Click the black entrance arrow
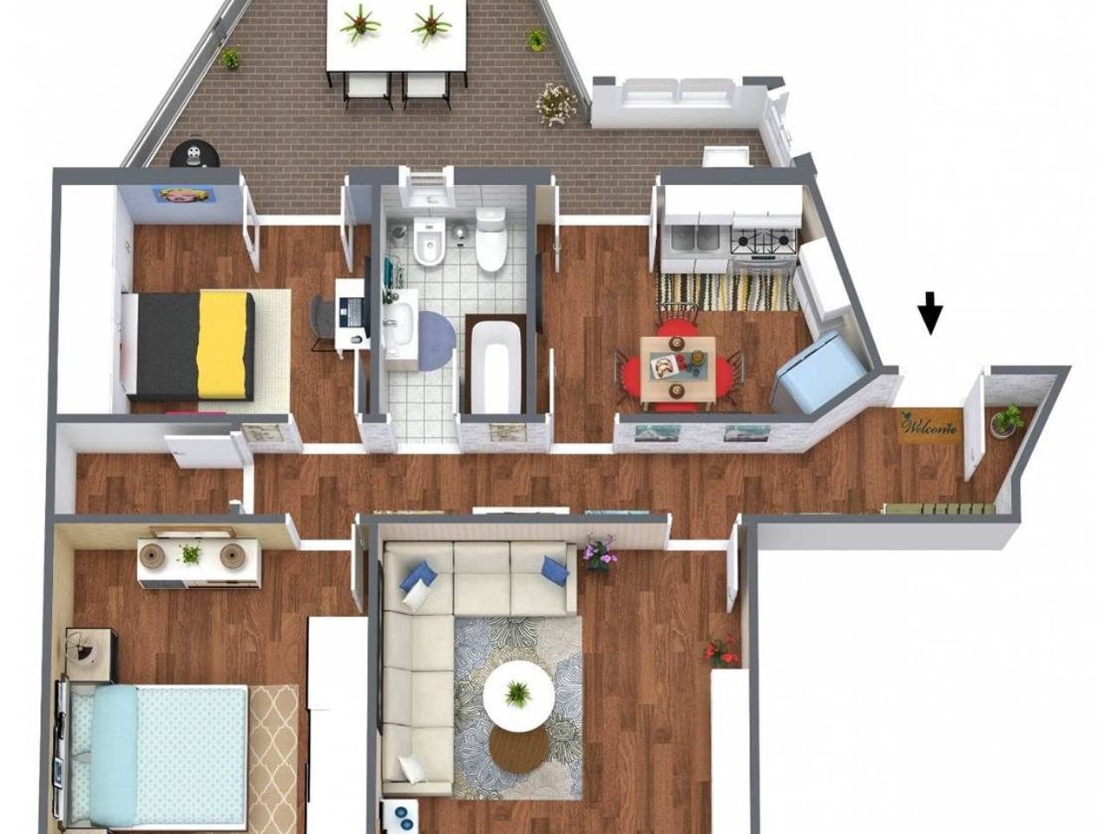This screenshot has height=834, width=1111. (930, 313)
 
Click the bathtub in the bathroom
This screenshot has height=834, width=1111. (496, 367)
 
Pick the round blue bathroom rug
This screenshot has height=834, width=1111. (435, 341)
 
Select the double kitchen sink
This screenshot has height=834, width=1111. (696, 239)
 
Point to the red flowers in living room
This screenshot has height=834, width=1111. (720, 650)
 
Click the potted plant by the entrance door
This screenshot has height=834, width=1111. (1005, 420)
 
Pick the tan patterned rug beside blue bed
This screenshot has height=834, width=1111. (273, 759)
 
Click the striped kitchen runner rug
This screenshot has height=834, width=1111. (728, 291)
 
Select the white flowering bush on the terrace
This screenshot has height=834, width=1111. (555, 103)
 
